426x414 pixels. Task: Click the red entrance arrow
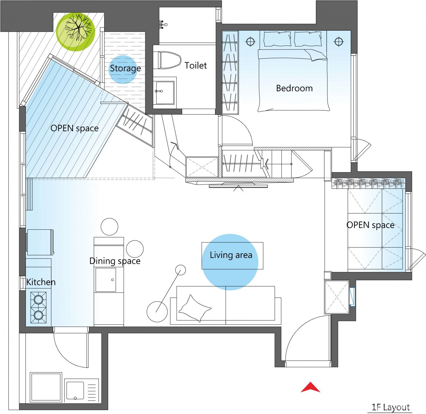(310, 388)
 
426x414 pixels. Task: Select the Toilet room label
(196, 65)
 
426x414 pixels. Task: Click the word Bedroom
(294, 88)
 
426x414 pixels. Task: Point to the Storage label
(125, 68)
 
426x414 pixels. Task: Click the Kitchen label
(41, 282)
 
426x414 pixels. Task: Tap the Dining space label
(115, 261)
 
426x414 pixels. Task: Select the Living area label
(231, 255)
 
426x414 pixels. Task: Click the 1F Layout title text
(391, 407)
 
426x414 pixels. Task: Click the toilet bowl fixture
(170, 60)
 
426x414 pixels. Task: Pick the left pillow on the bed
(277, 39)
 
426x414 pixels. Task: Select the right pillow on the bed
(308, 39)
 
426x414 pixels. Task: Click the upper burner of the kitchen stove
(38, 299)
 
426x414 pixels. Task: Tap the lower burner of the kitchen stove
(38, 315)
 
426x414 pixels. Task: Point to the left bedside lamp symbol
(250, 42)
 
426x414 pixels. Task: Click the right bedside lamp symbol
(338, 41)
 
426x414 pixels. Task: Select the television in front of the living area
(238, 186)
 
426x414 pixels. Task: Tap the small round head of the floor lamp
(180, 270)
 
